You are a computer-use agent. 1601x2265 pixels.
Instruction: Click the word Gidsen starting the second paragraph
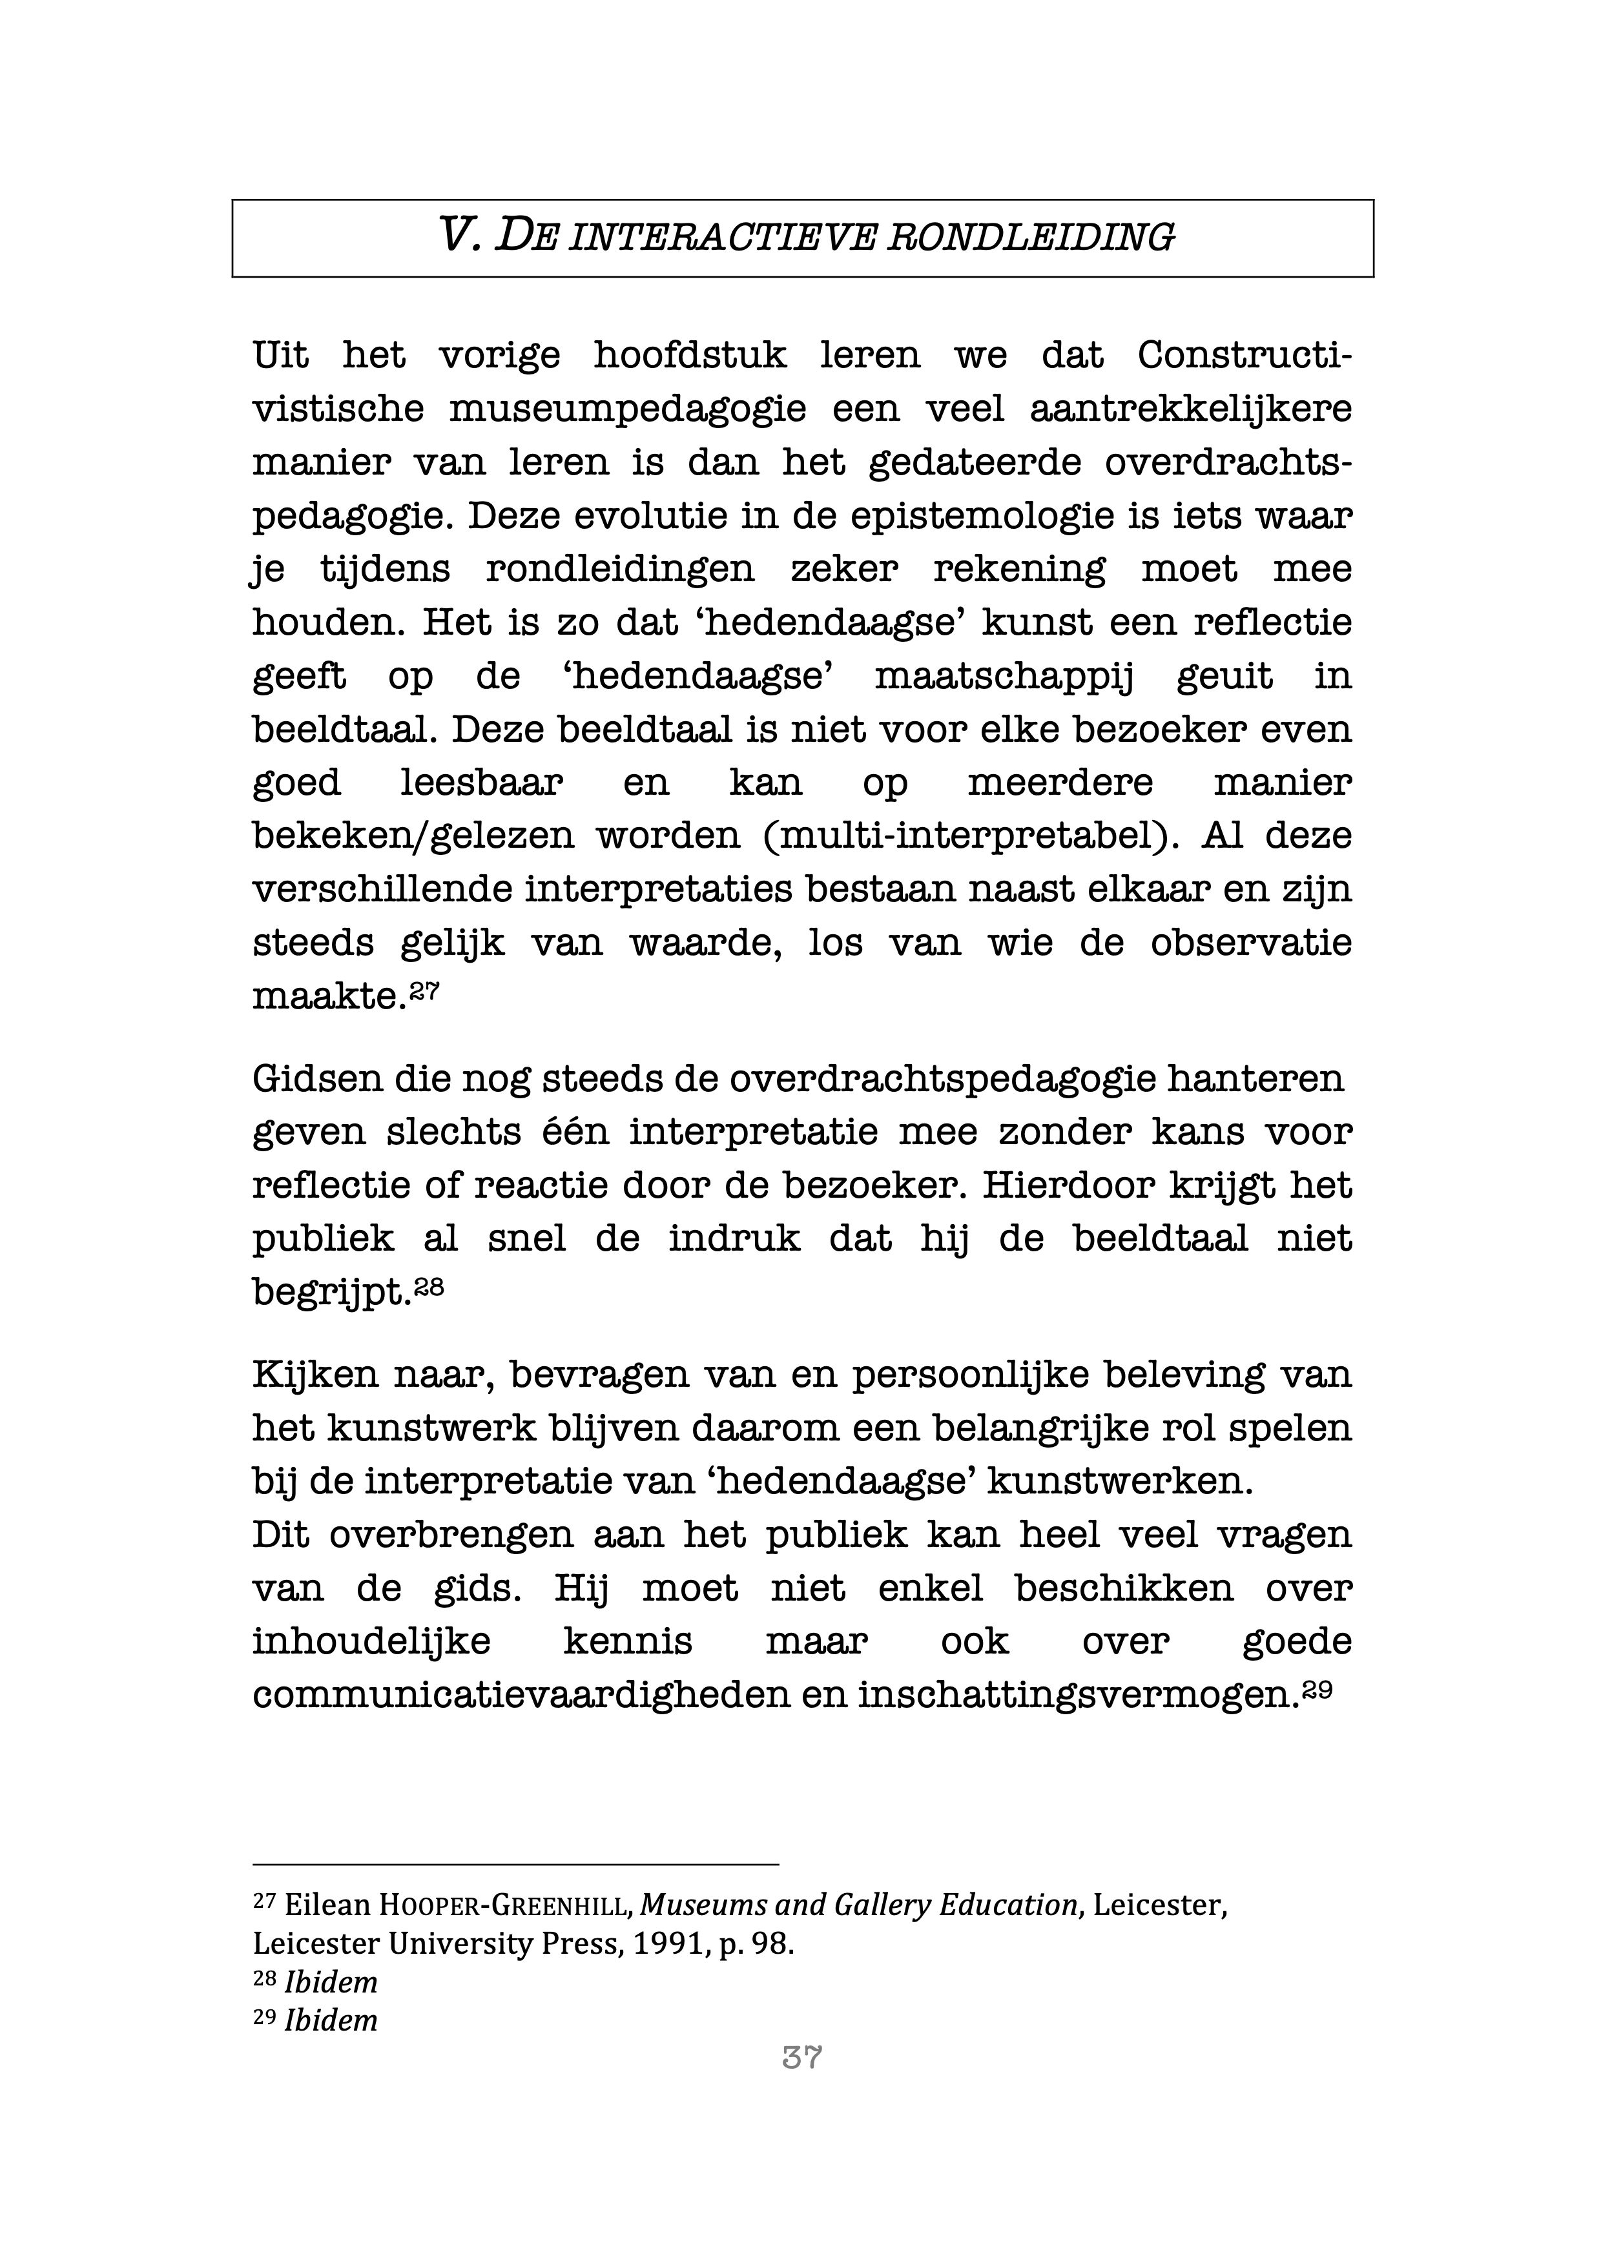pos(316,1079)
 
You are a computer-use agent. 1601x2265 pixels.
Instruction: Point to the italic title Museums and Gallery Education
pos(858,1906)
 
